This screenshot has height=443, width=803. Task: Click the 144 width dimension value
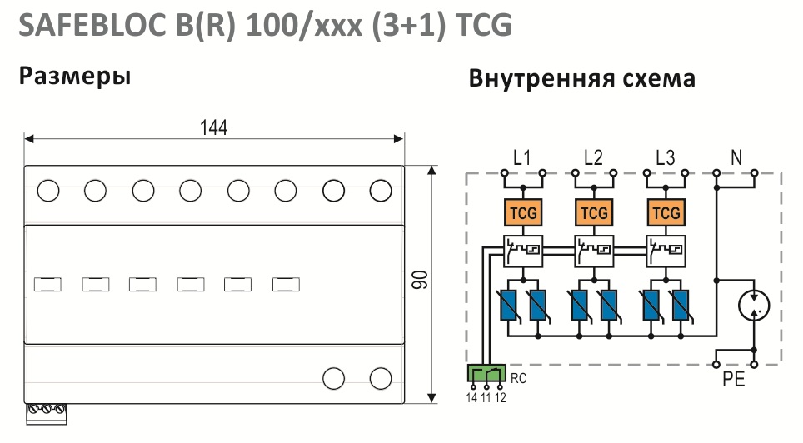coord(213,127)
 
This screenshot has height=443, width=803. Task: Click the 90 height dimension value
coord(420,280)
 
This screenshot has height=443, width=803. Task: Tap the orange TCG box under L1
coord(523,212)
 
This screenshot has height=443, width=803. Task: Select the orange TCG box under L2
coord(594,212)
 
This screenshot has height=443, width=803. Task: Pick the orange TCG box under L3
coord(666,212)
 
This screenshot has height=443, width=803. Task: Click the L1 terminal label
coord(521,157)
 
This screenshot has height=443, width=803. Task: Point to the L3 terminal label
coord(666,157)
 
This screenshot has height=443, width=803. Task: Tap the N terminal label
coord(736,157)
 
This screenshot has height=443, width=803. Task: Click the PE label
coord(733,380)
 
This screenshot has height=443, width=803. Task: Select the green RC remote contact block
coord(486,373)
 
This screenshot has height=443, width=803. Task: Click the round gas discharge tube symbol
coord(754,306)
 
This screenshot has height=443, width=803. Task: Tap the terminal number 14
coord(471,397)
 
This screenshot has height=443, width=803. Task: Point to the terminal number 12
coord(501,397)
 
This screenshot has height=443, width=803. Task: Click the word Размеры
coord(75,76)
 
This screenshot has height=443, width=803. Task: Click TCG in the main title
coord(483,25)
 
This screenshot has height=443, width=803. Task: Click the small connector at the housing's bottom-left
coord(47,414)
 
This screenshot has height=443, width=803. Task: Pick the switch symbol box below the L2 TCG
coord(594,251)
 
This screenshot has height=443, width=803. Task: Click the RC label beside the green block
coord(518,379)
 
